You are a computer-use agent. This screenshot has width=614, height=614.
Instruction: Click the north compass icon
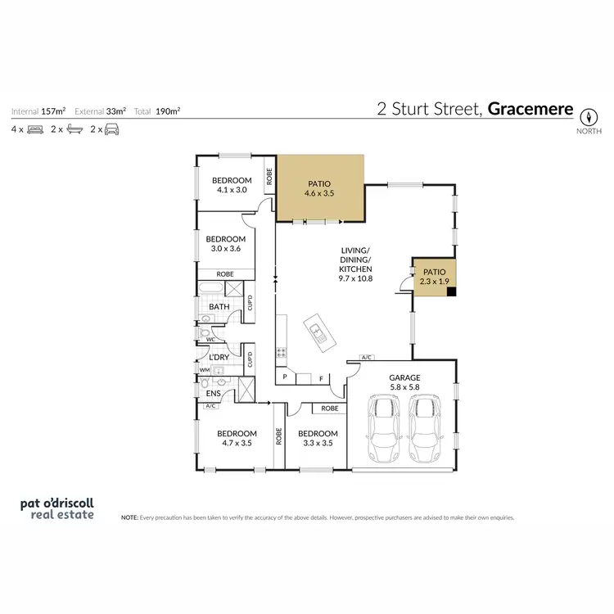tap(589, 115)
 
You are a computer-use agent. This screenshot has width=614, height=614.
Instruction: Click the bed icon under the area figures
tap(34, 129)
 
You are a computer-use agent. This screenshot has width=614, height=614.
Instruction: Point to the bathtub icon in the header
tap(74, 129)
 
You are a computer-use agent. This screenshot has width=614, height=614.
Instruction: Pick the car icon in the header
tap(112, 129)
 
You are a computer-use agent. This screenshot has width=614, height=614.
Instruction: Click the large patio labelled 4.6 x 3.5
tap(319, 189)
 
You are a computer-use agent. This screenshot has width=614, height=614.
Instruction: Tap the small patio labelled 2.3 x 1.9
tap(434, 275)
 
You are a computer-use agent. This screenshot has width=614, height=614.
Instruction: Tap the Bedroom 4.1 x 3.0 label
tap(232, 185)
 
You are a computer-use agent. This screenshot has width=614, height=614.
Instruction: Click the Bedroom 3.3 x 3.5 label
tap(318, 439)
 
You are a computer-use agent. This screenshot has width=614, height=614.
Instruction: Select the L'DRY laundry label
tap(218, 357)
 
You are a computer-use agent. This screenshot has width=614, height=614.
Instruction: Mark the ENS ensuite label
tap(214, 393)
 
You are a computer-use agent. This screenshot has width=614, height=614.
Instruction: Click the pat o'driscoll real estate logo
tap(57, 509)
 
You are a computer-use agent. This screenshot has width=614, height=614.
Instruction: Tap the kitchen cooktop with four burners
tap(282, 354)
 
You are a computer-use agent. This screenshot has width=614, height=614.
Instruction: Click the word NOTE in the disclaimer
tap(129, 518)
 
